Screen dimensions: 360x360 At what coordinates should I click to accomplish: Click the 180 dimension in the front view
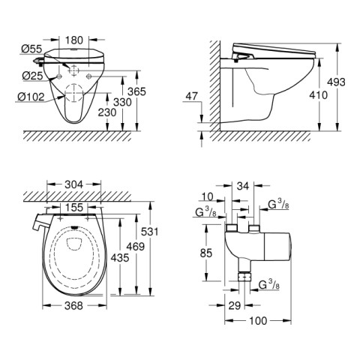pos(73,40)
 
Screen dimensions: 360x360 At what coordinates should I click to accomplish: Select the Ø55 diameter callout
pos(31,49)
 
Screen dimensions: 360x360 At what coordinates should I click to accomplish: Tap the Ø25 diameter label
pos(32,76)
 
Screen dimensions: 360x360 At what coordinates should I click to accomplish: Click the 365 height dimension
pos(136,91)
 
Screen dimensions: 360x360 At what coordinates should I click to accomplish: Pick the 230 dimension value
pos(107,112)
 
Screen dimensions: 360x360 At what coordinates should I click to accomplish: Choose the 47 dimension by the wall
pos(192,96)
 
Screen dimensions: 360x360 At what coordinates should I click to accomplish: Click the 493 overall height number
pos(336,82)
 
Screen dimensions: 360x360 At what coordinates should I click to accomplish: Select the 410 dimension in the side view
pos(318,95)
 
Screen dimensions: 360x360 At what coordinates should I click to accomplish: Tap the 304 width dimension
pos(73,184)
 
